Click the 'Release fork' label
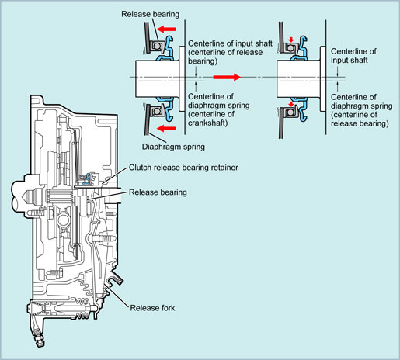coord(152,308)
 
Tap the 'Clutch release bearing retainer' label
coord(183,168)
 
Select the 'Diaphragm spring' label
coord(173,147)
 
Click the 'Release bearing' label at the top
coord(150,14)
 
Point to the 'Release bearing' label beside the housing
coord(158,192)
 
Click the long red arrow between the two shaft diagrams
coord(227,77)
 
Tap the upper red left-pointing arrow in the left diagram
coord(166,29)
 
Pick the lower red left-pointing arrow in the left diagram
coord(166,128)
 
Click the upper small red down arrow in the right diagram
coord(291,40)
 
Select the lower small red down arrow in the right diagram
coord(291,104)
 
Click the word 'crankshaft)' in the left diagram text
coord(208,123)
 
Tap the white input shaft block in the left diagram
coord(157,79)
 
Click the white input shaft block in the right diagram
coord(298,79)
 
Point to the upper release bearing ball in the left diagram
coord(156,46)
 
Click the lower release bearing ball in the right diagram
coord(290,112)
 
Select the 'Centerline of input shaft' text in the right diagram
coord(353,56)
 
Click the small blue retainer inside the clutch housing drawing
coord(88,178)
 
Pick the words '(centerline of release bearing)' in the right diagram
coord(360,119)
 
